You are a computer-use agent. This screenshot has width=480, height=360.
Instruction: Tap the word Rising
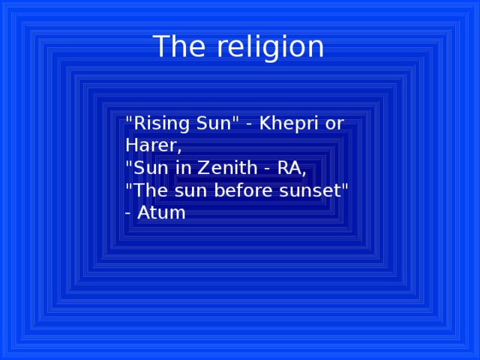coord(157,123)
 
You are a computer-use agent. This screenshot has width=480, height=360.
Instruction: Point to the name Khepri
coord(285,124)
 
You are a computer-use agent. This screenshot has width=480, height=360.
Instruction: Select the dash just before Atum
coord(129,214)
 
